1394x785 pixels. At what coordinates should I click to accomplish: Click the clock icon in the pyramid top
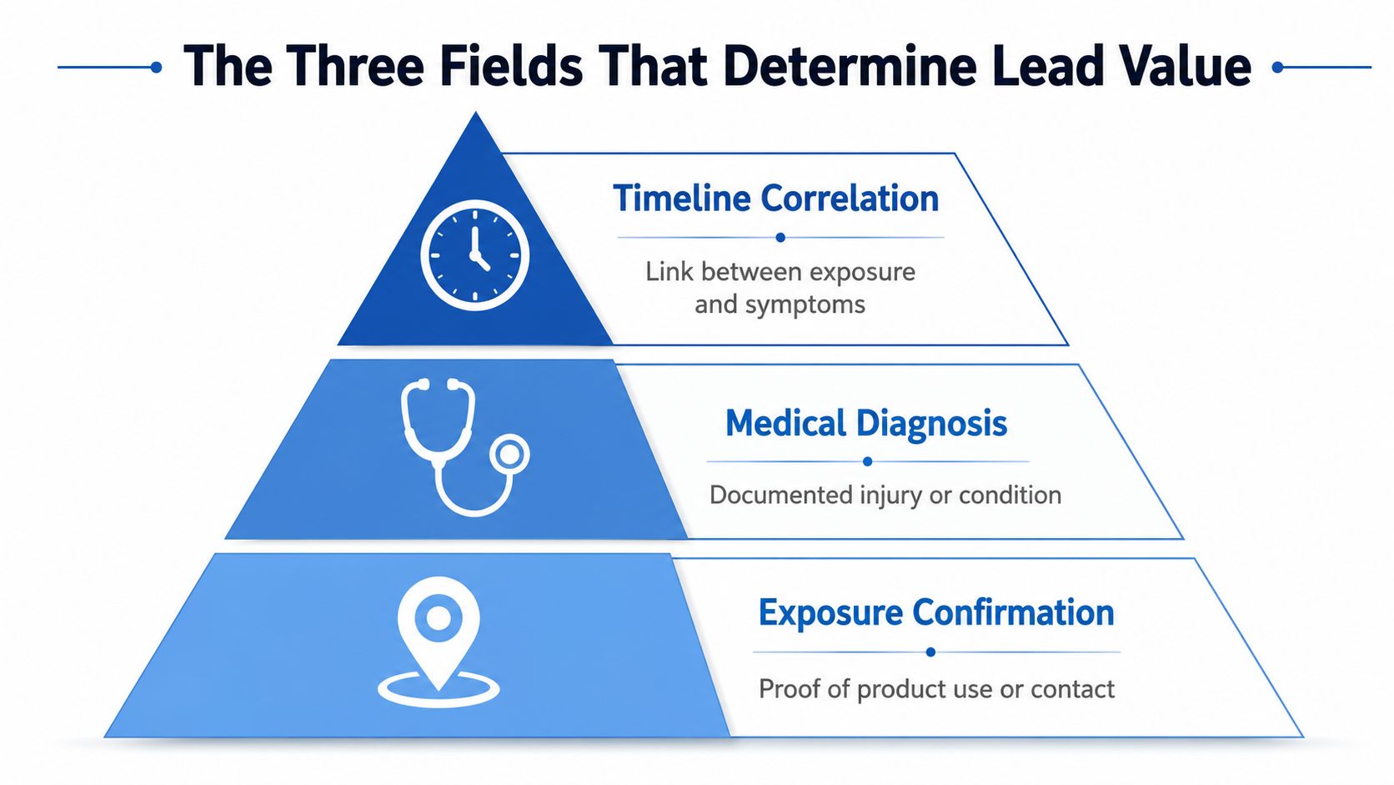(475, 254)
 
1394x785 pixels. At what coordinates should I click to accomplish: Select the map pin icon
(439, 642)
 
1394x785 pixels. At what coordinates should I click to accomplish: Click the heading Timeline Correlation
(776, 199)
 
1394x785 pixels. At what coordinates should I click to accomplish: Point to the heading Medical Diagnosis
(866, 424)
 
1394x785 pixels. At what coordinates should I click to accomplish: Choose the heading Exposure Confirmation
(936, 612)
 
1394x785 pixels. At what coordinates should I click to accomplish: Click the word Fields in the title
(512, 66)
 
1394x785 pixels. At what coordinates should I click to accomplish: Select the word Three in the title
(354, 66)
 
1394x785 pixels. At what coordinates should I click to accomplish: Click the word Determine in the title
(850, 66)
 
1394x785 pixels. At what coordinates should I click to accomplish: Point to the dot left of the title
(156, 68)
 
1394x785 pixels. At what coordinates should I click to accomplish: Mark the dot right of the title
(1278, 68)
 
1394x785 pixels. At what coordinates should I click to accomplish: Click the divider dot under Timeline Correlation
(780, 237)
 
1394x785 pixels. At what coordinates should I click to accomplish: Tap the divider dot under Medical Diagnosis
(868, 461)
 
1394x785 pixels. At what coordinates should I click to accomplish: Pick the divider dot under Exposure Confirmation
(931, 652)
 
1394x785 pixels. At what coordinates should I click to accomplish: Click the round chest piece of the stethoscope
(509, 454)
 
